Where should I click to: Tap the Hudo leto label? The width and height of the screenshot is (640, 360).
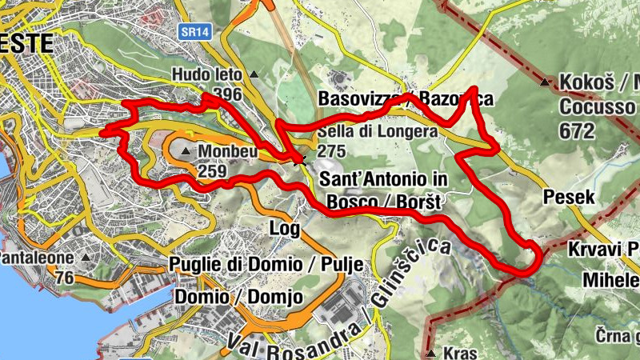(x=206, y=76)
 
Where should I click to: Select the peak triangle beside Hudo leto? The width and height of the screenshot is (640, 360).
(x=254, y=75)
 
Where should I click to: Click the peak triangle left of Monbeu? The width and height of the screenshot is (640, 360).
(x=186, y=151)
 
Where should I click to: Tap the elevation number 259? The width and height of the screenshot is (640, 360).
(x=212, y=170)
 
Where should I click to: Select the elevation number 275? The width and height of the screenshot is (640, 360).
(x=333, y=150)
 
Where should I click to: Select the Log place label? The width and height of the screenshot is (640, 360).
(x=285, y=229)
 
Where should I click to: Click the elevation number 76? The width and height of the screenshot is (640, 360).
(x=65, y=277)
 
